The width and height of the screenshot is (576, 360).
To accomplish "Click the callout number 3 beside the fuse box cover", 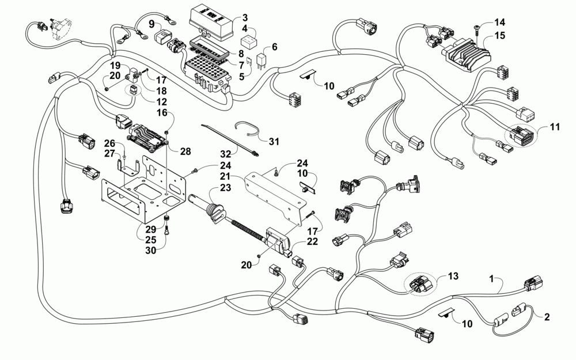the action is [245, 18].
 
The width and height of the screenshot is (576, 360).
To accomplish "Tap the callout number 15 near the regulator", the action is [499, 36].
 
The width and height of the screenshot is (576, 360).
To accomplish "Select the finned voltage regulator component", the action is [467, 56].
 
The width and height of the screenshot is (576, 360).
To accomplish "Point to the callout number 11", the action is [555, 127].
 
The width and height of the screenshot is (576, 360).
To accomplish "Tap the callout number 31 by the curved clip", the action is [274, 142].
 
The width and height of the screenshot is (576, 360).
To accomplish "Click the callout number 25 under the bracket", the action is [150, 240].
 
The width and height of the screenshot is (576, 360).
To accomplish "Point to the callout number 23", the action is [225, 188].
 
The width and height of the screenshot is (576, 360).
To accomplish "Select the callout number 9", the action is [151, 25].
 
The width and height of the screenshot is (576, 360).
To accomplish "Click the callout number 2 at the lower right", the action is [547, 317].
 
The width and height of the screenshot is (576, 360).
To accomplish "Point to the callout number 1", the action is [492, 279].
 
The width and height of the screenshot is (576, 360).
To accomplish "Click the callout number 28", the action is [185, 151].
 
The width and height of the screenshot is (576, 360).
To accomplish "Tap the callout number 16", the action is [162, 112].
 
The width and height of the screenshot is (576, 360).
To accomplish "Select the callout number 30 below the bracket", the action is [150, 250].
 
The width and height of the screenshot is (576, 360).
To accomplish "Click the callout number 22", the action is [312, 241].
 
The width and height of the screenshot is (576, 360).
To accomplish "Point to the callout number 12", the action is [162, 102].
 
